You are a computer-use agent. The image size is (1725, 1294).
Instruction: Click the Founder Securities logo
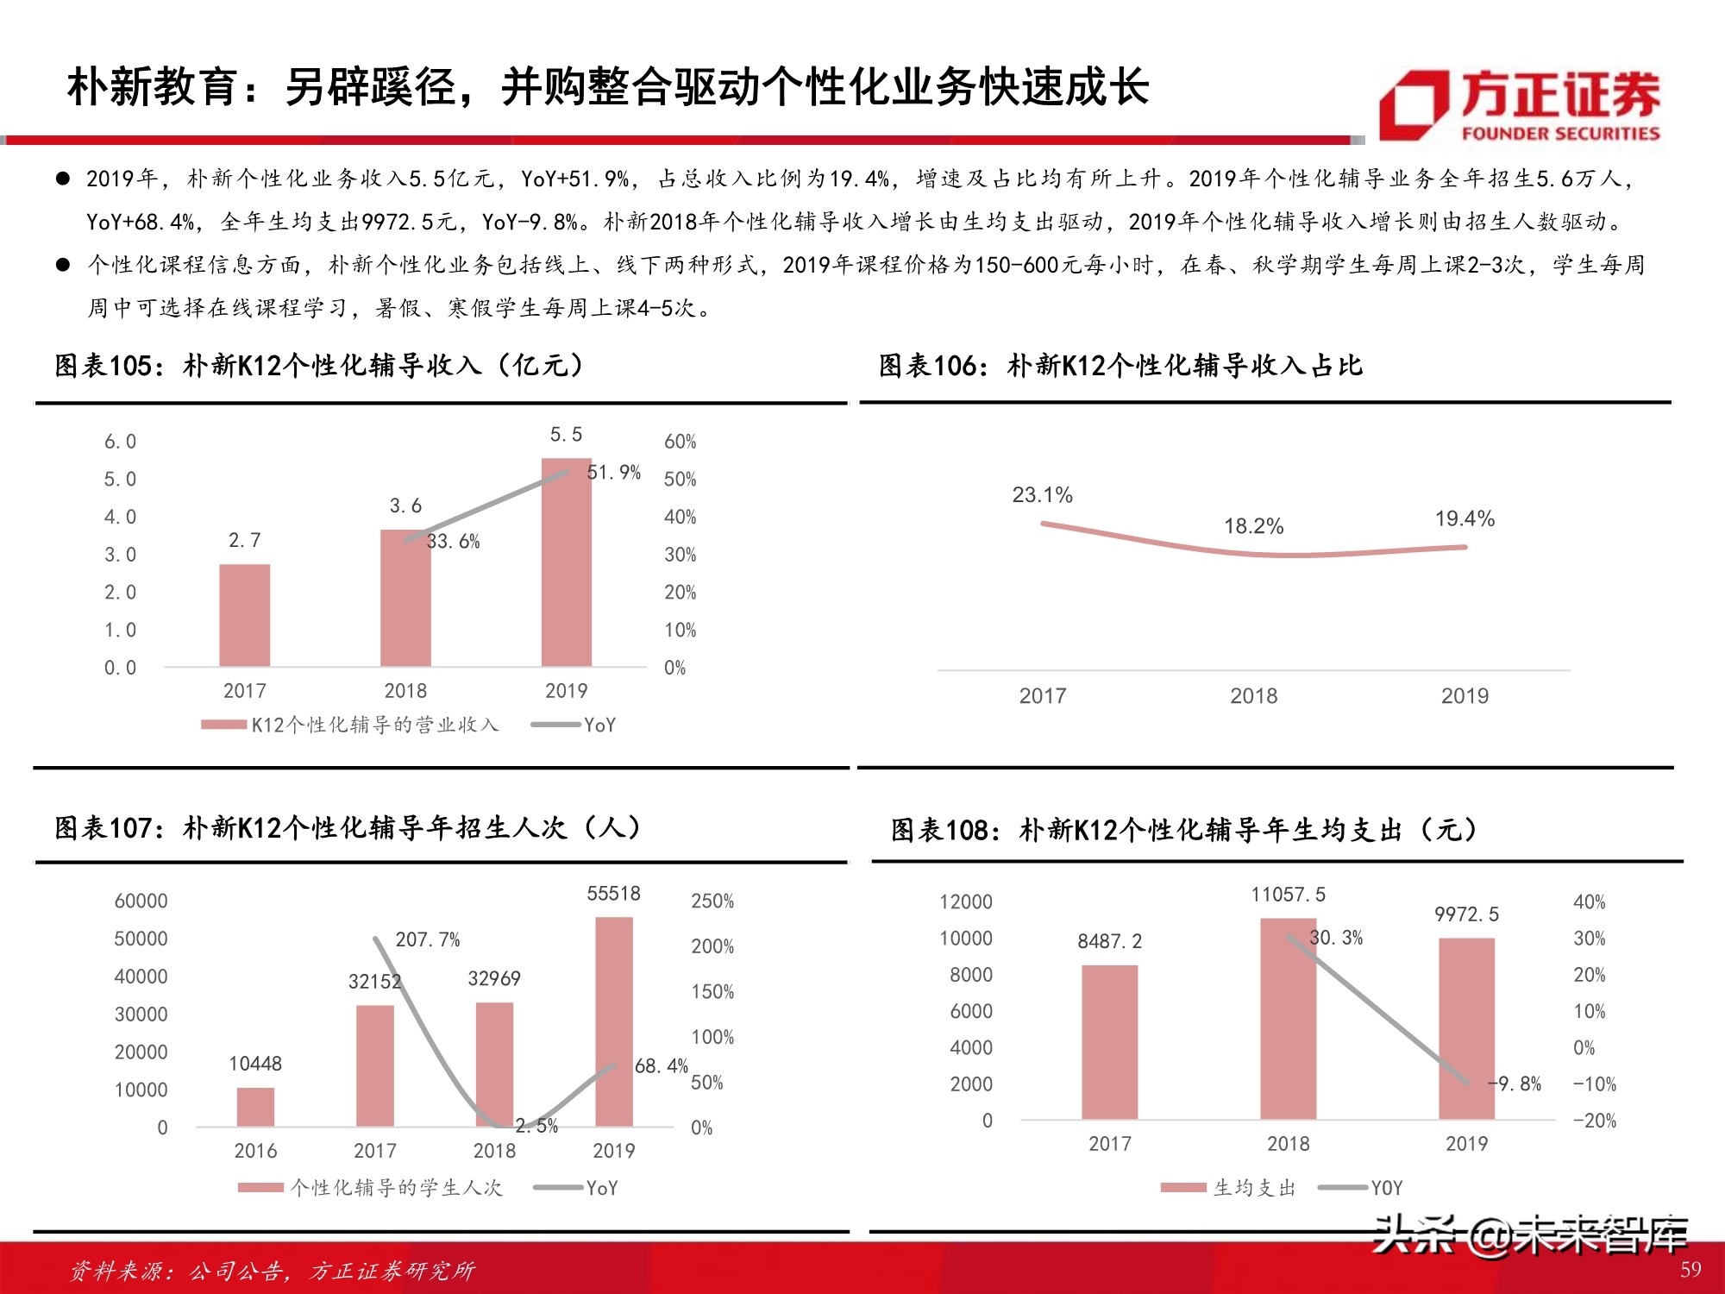(x=1520, y=105)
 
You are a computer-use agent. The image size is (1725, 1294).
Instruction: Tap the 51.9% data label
(x=613, y=472)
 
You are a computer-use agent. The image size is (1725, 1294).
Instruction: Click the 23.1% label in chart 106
(x=1042, y=495)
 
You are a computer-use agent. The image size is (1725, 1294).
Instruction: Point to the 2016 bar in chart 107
(x=255, y=1107)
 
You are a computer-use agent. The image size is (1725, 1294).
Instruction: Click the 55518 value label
(x=613, y=894)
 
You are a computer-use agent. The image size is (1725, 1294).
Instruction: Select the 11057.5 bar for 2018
(x=1288, y=1019)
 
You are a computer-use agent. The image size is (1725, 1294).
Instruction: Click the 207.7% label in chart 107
(x=427, y=939)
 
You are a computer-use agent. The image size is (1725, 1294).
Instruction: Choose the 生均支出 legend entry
(x=1229, y=1188)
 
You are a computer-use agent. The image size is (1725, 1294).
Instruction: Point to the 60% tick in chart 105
(x=680, y=442)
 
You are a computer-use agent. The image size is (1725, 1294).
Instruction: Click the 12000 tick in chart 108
(x=965, y=901)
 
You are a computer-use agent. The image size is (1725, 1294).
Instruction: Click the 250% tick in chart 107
(x=712, y=901)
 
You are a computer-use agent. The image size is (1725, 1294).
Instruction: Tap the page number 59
(x=1690, y=1269)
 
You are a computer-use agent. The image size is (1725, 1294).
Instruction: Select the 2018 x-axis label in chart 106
(x=1253, y=696)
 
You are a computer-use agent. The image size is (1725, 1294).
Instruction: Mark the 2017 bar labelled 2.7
(x=245, y=615)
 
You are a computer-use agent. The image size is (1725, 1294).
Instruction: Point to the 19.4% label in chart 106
(x=1465, y=518)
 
